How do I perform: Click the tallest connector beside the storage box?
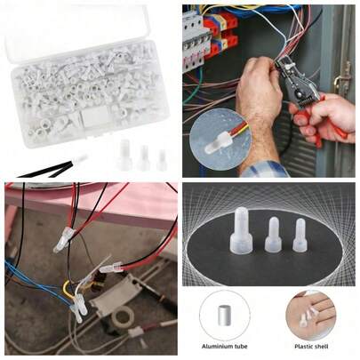(x=124, y=155)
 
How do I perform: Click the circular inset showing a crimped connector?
(x=217, y=139)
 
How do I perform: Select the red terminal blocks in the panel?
(x=219, y=32)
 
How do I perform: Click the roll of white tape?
(x=121, y=316)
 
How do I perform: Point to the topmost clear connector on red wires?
(x=64, y=237)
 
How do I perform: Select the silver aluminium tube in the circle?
(x=225, y=316)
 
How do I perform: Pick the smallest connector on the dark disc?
(x=300, y=235)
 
